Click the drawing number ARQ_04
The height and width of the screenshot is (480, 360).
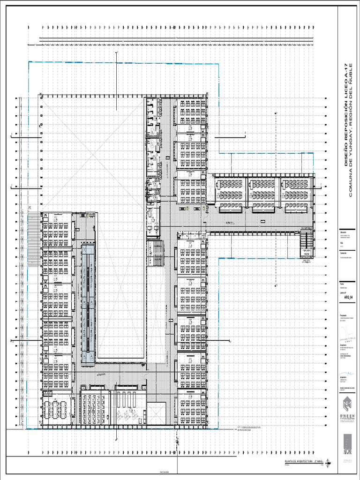348,297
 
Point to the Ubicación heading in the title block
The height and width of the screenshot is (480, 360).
345,232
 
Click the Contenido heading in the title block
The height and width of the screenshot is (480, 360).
346,254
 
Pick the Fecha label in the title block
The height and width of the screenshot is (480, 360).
343,283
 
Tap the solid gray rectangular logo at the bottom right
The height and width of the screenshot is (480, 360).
348,443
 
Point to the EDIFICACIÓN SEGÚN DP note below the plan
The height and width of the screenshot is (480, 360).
253,428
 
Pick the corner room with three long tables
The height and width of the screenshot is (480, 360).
57,412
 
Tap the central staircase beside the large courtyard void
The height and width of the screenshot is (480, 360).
155,253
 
